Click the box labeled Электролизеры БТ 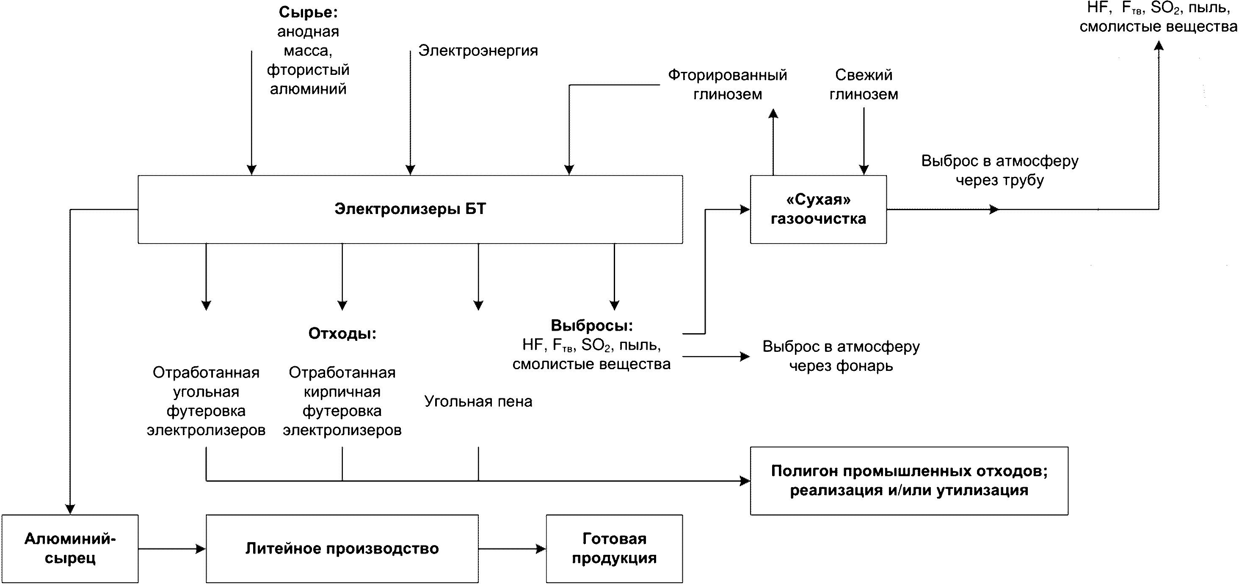click(x=410, y=209)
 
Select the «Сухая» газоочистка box click(x=818, y=209)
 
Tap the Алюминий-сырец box click(x=70, y=548)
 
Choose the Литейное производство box click(x=342, y=548)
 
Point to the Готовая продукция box click(x=614, y=548)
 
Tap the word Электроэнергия click(x=477, y=50)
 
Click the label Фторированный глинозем click(x=727, y=85)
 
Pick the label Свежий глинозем click(x=864, y=85)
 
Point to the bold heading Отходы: click(x=342, y=334)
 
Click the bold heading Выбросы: click(x=592, y=326)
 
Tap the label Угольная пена click(x=478, y=401)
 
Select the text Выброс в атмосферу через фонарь click(x=841, y=356)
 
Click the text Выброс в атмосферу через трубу click(x=999, y=170)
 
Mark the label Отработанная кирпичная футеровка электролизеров click(x=342, y=401)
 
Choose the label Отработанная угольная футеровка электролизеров click(x=206, y=401)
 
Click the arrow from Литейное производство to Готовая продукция click(x=512, y=549)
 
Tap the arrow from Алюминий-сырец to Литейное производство click(x=172, y=549)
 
